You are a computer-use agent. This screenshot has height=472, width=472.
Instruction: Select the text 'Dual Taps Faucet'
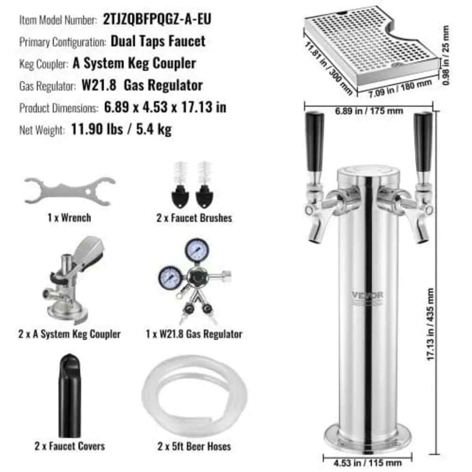(158, 41)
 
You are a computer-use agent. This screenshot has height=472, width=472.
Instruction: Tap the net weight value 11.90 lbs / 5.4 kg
(121, 129)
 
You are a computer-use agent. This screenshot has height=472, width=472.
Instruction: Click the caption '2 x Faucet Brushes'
(194, 218)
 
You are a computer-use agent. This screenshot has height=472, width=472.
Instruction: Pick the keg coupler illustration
(73, 279)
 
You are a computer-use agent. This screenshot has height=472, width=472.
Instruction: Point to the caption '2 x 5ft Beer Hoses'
(194, 446)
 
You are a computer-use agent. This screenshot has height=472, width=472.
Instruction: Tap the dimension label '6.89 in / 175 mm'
(369, 111)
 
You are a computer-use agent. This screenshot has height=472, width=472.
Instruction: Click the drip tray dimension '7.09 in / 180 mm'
(400, 89)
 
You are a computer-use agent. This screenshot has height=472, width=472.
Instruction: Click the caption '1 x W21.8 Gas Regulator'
(194, 334)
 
